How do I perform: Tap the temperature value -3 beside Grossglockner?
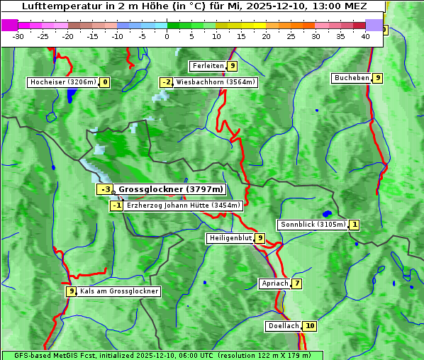pyautogui.click(x=105, y=189)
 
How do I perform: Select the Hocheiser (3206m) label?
pyautogui.click(x=62, y=82)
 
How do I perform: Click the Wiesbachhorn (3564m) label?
pyautogui.click(x=216, y=82)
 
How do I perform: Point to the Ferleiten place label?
pyautogui.click(x=208, y=66)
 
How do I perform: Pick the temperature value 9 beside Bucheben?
pyautogui.click(x=378, y=78)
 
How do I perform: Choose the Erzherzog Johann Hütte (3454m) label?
pyautogui.click(x=184, y=206)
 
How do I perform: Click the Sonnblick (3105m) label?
pyautogui.click(x=313, y=225)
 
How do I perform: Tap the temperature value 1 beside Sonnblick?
pyautogui.click(x=355, y=225)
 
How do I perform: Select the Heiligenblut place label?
pyautogui.click(x=230, y=238)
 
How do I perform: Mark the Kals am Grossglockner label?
pyautogui.click(x=118, y=291)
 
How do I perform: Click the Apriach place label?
pyautogui.click(x=274, y=283)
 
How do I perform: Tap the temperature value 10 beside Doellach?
pyautogui.click(x=310, y=326)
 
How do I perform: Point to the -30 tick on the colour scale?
pyautogui.click(x=18, y=35)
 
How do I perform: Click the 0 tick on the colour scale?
pyautogui.click(x=167, y=35)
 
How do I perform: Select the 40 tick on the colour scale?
pyautogui.click(x=365, y=35)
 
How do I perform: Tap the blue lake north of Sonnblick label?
pyautogui.click(x=327, y=213)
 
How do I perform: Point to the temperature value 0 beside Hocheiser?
pyautogui.click(x=105, y=82)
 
